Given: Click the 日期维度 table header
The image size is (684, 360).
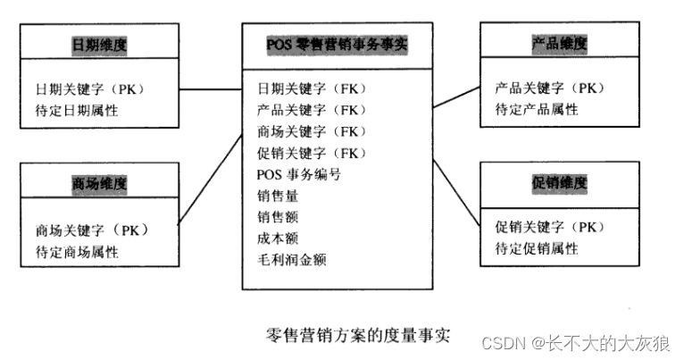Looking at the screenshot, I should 100,44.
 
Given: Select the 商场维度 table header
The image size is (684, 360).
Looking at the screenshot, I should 99,184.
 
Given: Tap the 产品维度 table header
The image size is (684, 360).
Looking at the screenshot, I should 558,44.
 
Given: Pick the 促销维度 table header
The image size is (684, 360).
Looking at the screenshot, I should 559,182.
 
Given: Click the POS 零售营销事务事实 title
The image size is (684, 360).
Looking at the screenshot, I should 337,44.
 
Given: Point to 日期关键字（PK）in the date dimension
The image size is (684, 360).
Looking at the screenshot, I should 90,89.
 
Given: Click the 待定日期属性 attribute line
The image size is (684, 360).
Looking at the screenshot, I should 77,111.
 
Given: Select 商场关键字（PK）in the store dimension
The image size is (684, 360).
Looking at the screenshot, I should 91,230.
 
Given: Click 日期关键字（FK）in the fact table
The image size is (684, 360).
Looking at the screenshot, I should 312,89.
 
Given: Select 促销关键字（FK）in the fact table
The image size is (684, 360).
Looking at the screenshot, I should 312,153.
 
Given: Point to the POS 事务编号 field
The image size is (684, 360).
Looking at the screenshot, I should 298,174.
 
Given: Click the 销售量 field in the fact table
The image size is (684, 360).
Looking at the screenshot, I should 278,196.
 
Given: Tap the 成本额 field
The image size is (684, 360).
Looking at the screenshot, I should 278,239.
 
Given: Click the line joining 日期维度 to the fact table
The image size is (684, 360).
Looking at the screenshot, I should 211,89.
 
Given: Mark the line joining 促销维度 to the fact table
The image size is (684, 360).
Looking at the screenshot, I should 457,192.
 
